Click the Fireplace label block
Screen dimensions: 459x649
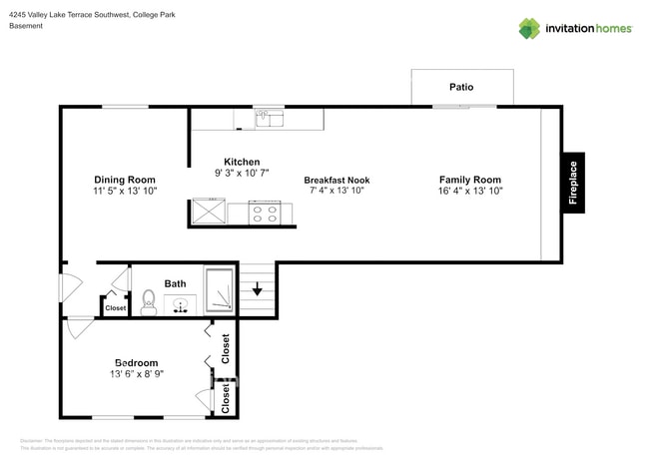pos(573,183)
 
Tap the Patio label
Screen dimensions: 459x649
pos(461,88)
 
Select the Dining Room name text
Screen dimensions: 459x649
pos(125,180)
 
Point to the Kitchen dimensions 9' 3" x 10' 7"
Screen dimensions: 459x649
pos(242,173)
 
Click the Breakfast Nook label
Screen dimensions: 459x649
pos(336,180)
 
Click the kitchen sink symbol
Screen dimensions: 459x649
pos(265,119)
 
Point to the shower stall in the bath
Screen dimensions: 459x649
pos(219,290)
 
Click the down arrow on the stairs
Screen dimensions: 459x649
pos(257,290)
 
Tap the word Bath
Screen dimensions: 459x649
pos(176,283)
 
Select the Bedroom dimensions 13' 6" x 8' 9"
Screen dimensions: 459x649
pos(136,374)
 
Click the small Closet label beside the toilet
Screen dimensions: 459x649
pos(116,308)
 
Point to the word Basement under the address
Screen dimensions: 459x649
pos(26,26)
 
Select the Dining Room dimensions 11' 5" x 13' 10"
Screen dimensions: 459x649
pos(125,191)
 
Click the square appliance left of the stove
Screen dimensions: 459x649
pos(208,213)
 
